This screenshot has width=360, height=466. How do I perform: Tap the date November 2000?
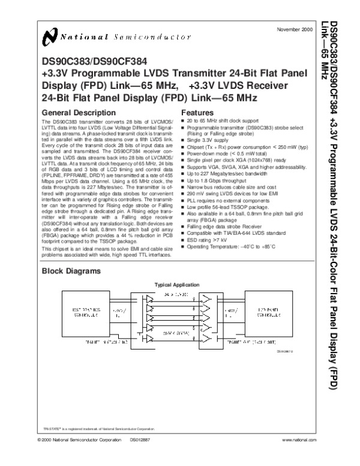click(292, 29)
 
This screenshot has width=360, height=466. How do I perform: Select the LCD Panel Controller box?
click(267, 310)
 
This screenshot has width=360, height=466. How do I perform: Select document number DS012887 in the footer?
click(141, 441)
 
